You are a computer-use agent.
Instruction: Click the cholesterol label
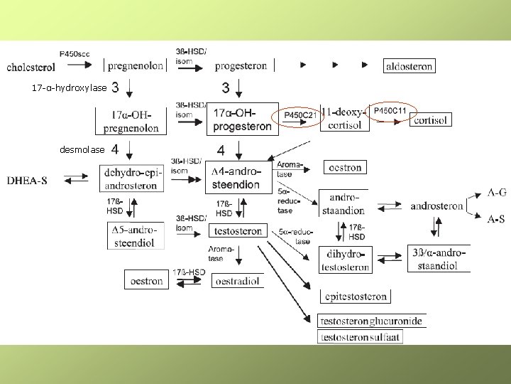coord(31,68)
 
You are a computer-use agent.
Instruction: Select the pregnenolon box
coord(135,65)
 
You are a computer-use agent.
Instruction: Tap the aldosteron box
coord(408,65)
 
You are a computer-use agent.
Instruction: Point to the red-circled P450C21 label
coord(300,115)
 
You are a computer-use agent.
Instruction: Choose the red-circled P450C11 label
coord(390,110)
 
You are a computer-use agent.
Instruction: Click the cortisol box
coord(430,120)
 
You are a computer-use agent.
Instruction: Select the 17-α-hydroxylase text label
coord(70,88)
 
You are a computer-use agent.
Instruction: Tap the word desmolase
coord(82,149)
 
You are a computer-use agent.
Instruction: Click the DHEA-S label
coord(28,181)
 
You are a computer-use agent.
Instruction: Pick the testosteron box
coord(238,230)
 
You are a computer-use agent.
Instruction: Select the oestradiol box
coord(238,280)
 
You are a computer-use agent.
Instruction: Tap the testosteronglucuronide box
coord(371,321)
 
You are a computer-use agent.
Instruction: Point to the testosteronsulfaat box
coord(361,336)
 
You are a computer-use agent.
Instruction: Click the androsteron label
coord(436,206)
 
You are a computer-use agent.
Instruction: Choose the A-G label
coord(497,192)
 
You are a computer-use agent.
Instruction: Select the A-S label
coord(496,220)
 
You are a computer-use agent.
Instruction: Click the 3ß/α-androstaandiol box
coord(439,259)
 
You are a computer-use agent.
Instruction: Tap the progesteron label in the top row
coord(241,66)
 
